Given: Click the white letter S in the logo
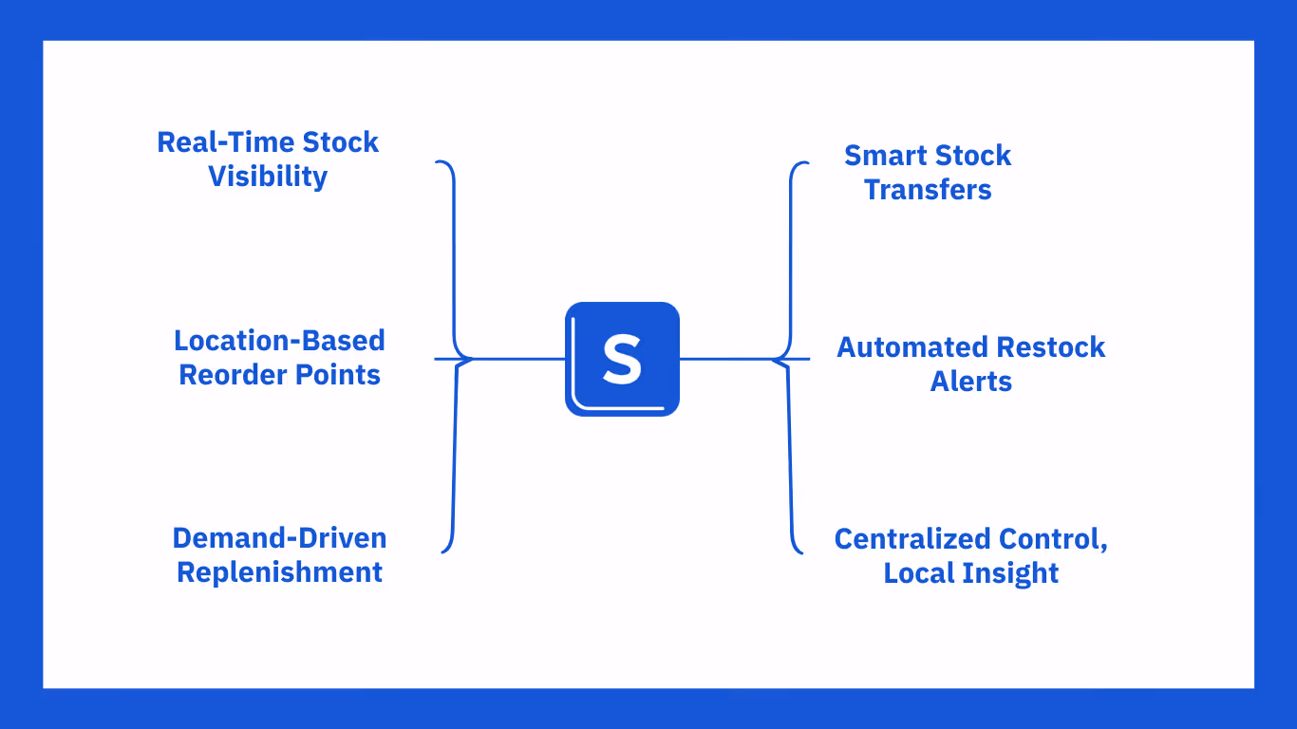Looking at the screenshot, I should [x=622, y=360].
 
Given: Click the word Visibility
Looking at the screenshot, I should [x=268, y=177].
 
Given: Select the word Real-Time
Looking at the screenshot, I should [x=225, y=142].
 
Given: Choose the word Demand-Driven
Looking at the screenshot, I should [x=279, y=538].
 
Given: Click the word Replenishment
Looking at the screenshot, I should [x=279, y=572].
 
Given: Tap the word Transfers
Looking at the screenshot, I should [x=928, y=190].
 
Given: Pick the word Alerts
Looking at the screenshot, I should [x=970, y=382].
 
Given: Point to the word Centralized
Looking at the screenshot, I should [x=899, y=539].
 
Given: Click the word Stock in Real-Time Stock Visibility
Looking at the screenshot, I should [x=340, y=142].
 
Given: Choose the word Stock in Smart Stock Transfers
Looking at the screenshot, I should [x=971, y=156].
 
